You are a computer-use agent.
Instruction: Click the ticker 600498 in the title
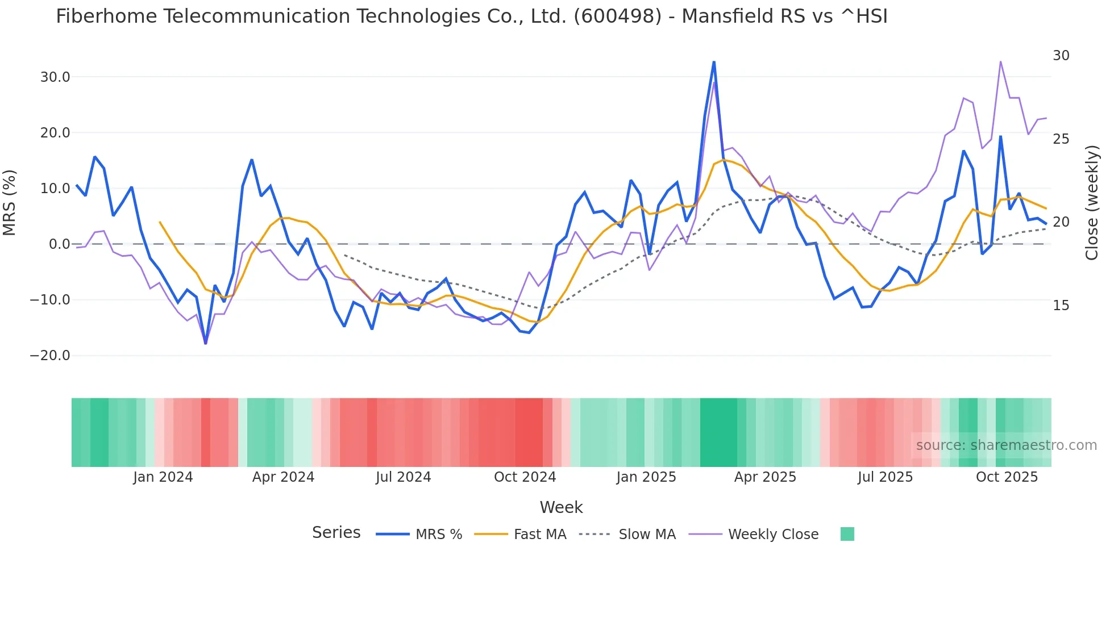(x=617, y=16)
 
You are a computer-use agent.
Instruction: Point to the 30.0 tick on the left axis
(x=55, y=77)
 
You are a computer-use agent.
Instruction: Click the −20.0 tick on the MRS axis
(x=50, y=356)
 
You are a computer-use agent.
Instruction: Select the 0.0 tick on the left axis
(x=59, y=244)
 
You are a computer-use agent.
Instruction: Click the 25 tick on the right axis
(x=1061, y=139)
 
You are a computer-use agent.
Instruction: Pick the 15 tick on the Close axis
(x=1061, y=306)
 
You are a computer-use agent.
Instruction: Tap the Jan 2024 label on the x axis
(x=163, y=477)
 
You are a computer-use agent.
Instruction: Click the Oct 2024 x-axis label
(x=525, y=477)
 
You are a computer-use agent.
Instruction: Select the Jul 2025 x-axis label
(x=885, y=477)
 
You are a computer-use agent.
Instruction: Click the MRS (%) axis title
(x=10, y=203)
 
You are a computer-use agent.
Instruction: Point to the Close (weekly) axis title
(x=1091, y=203)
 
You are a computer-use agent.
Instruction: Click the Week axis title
(x=561, y=507)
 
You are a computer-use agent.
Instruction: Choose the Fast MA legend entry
(x=539, y=535)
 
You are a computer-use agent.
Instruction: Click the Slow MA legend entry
(x=647, y=535)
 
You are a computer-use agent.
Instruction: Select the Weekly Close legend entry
(x=773, y=535)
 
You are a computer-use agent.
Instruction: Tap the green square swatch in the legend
(x=847, y=534)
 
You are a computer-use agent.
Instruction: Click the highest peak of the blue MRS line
(x=714, y=62)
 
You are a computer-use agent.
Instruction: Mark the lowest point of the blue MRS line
(x=206, y=343)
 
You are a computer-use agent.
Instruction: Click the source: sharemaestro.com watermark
(x=1006, y=445)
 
